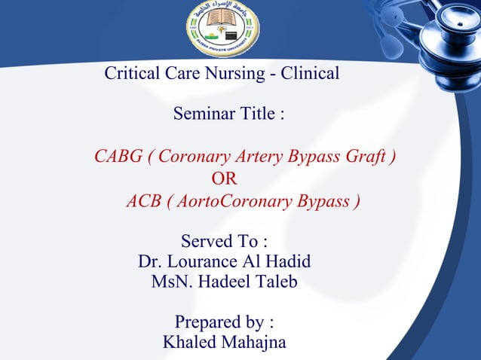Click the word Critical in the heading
[131, 74]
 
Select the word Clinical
[310, 74]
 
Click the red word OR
[224, 179]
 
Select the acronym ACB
[143, 202]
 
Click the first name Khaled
[188, 343]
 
